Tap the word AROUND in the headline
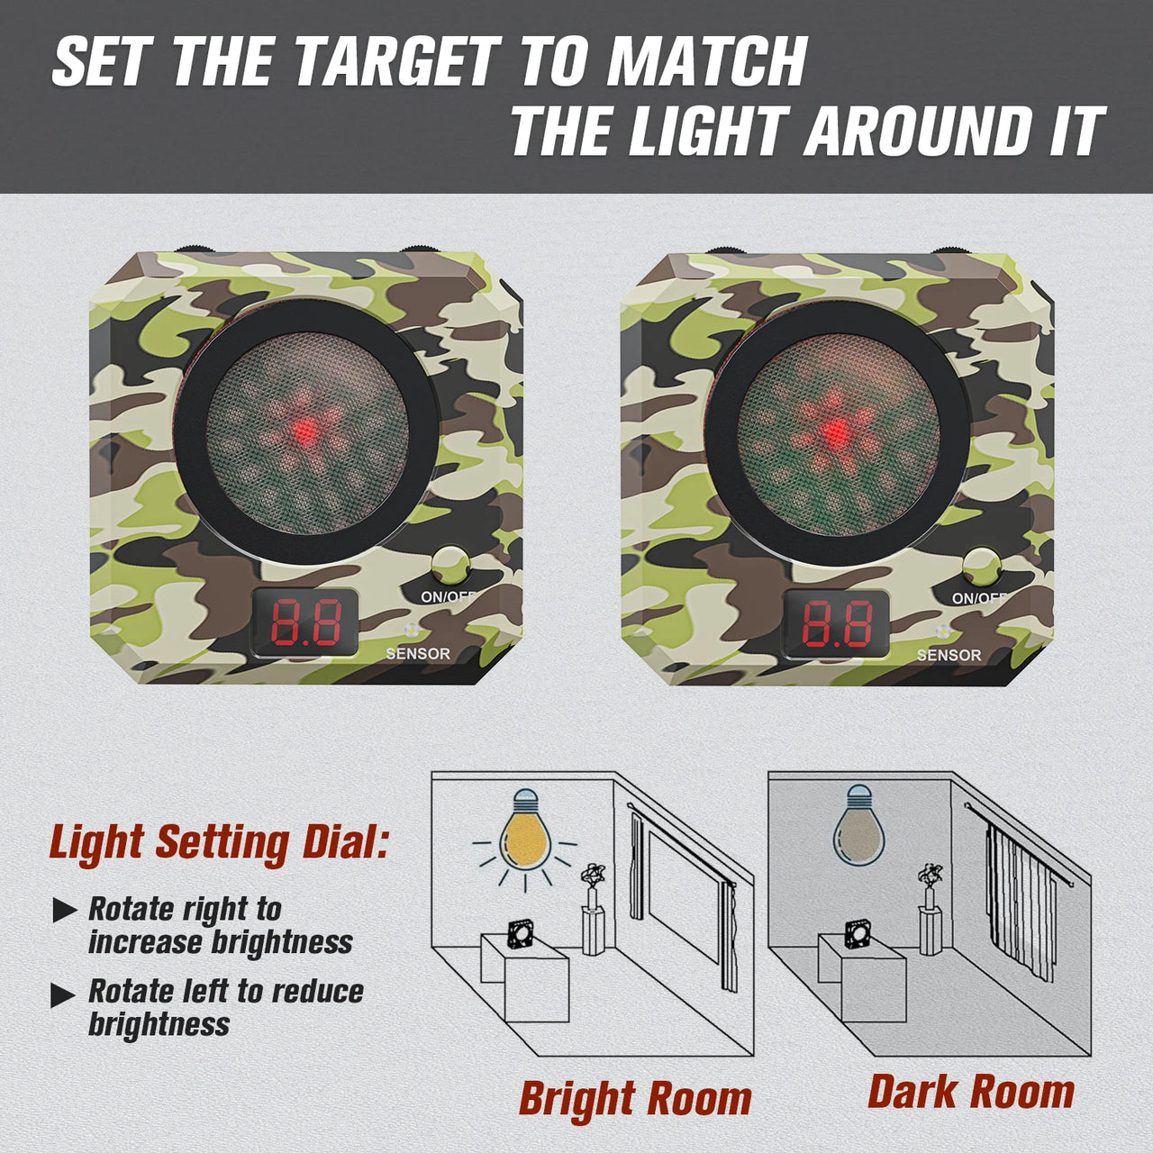coord(918,132)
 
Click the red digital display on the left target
coord(306,622)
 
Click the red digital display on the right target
coord(837,622)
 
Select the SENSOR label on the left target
coord(417,654)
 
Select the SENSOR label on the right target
coord(949,655)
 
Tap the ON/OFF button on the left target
coord(449,567)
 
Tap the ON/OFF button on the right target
coord(981,567)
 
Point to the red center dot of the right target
coord(836,431)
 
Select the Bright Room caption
coord(635,1099)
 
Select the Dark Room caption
coord(971,1092)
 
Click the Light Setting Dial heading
coord(219,843)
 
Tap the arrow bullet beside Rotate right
coord(64,911)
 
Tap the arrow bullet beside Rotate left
coord(64,994)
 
